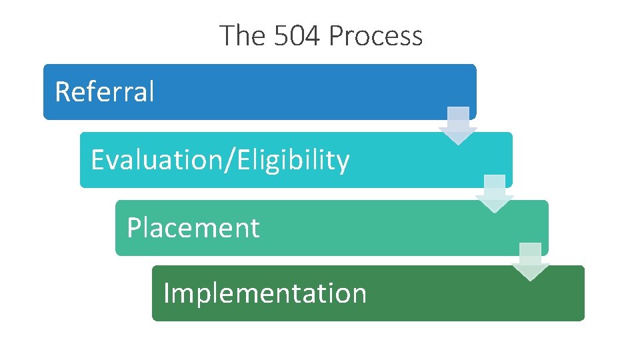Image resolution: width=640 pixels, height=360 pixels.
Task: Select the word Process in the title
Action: tap(376, 35)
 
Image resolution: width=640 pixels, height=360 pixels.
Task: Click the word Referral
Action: tap(104, 91)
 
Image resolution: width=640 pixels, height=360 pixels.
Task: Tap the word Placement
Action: tap(193, 228)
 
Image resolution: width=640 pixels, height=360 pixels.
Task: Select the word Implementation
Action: tap(265, 293)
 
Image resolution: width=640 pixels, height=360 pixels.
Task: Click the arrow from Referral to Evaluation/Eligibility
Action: tap(458, 125)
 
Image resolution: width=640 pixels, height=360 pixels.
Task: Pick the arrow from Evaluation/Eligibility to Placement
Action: tap(494, 193)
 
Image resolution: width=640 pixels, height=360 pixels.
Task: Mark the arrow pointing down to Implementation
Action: tap(530, 261)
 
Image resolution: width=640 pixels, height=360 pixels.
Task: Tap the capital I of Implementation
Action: tap(166, 293)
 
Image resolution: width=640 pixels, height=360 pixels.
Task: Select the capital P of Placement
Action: tap(134, 228)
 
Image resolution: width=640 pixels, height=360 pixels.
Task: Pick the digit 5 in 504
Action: tap(281, 35)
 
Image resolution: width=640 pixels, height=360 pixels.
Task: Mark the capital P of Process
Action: tap(336, 35)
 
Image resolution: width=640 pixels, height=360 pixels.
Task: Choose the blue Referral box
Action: tap(300, 91)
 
